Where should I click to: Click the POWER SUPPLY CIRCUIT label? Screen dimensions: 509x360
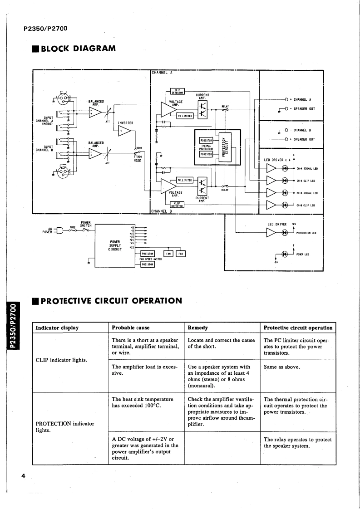(115, 245)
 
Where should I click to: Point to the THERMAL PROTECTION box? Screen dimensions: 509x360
(203, 147)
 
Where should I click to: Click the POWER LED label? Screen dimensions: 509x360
(302, 254)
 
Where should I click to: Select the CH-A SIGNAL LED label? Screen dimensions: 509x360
(307, 169)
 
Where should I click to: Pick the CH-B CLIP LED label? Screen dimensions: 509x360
(305, 205)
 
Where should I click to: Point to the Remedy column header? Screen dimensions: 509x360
(197, 328)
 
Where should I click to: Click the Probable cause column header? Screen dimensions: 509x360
(130, 328)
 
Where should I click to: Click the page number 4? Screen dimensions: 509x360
(22, 476)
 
